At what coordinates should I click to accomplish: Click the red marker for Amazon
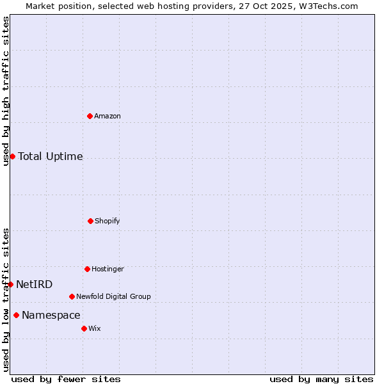(x=90, y=116)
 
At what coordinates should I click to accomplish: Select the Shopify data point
(x=90, y=221)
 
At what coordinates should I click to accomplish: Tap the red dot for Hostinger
(x=87, y=269)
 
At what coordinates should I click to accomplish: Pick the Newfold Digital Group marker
(x=72, y=296)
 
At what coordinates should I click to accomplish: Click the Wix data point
(x=84, y=328)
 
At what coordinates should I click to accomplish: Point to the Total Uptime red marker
(x=12, y=156)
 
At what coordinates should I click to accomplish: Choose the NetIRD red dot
(x=10, y=284)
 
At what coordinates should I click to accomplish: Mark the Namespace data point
(x=16, y=315)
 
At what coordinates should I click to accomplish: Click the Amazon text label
(x=108, y=116)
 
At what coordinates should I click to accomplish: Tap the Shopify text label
(x=108, y=221)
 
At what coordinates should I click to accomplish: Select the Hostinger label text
(x=108, y=269)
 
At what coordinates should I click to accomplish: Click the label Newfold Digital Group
(x=113, y=297)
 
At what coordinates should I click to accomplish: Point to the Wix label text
(x=95, y=329)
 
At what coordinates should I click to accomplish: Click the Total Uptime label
(x=51, y=157)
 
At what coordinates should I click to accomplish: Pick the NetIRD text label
(x=35, y=285)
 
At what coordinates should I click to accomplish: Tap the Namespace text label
(x=51, y=316)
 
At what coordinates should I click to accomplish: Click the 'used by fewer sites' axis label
(x=66, y=379)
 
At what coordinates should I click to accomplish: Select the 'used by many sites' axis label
(x=321, y=379)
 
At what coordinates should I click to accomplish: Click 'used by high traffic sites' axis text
(x=6, y=91)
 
